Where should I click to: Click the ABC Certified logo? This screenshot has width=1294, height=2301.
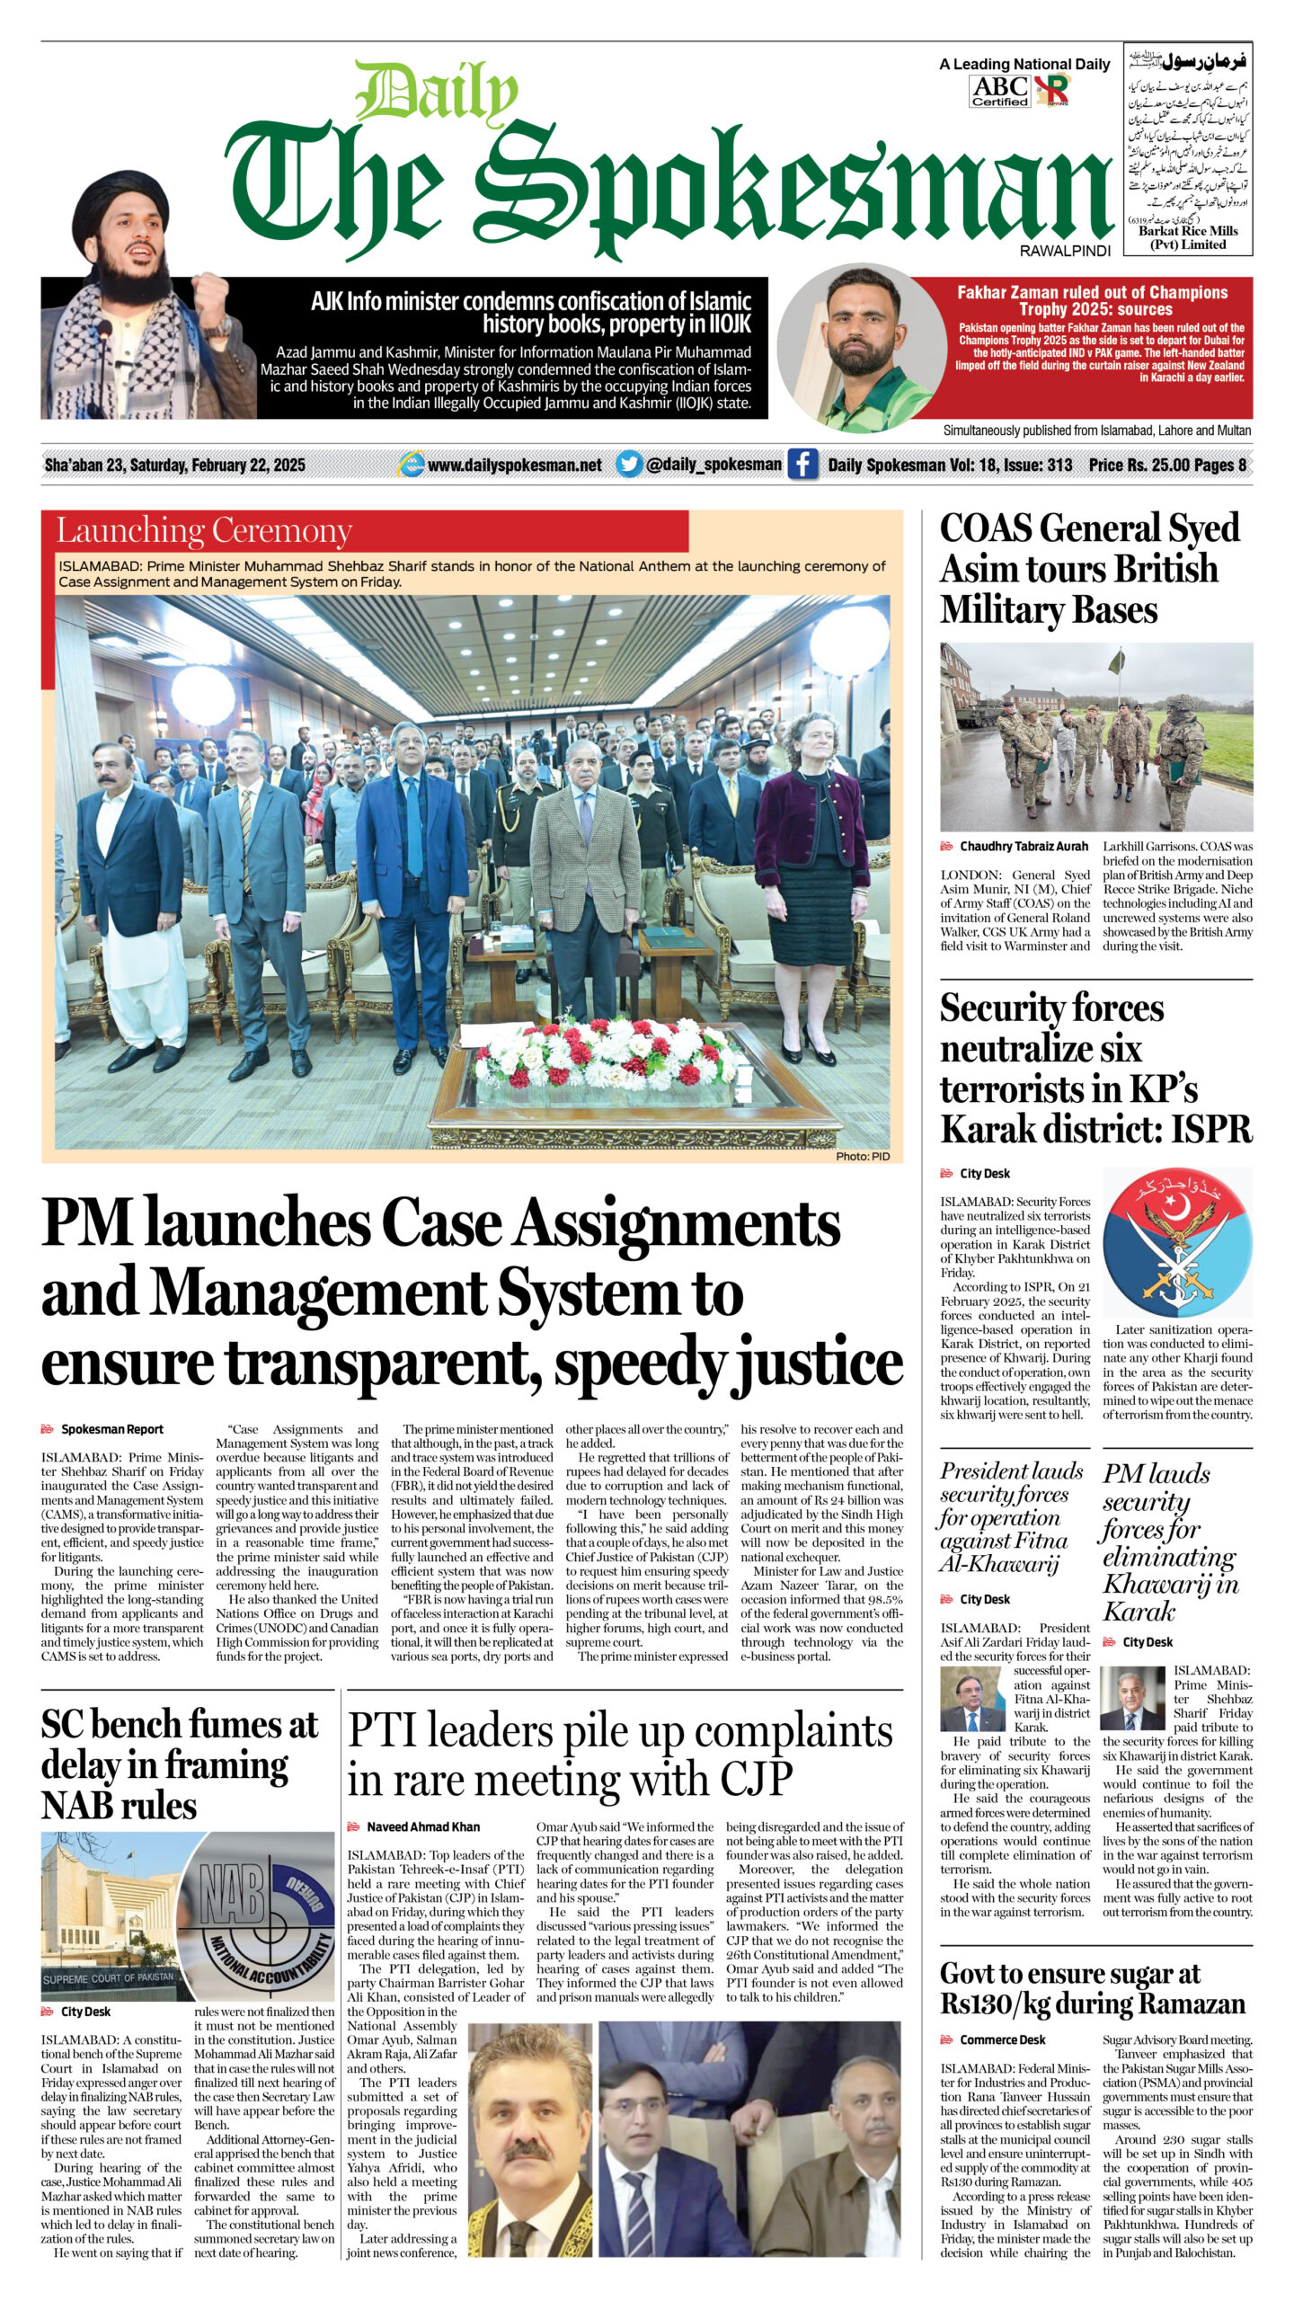[999, 91]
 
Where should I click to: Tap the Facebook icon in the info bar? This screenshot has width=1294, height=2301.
[802, 465]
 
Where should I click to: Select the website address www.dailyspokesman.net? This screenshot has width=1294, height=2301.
[514, 465]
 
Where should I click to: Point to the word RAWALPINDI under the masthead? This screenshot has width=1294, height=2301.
[1065, 251]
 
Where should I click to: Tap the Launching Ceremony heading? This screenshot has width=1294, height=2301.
[204, 530]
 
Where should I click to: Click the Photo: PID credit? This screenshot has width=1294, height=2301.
[862, 1156]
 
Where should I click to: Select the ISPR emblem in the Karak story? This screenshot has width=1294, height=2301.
[1176, 1243]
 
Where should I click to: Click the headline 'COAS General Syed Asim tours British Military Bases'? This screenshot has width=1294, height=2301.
[1089, 569]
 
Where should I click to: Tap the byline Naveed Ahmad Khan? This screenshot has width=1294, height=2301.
[422, 1826]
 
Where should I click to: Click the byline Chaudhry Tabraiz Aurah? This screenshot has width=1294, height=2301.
[1024, 846]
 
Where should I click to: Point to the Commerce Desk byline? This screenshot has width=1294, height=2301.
[1002, 2039]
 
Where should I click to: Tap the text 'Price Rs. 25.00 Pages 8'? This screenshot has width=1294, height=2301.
[1167, 465]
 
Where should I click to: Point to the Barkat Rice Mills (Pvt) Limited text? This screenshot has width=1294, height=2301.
[1188, 237]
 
